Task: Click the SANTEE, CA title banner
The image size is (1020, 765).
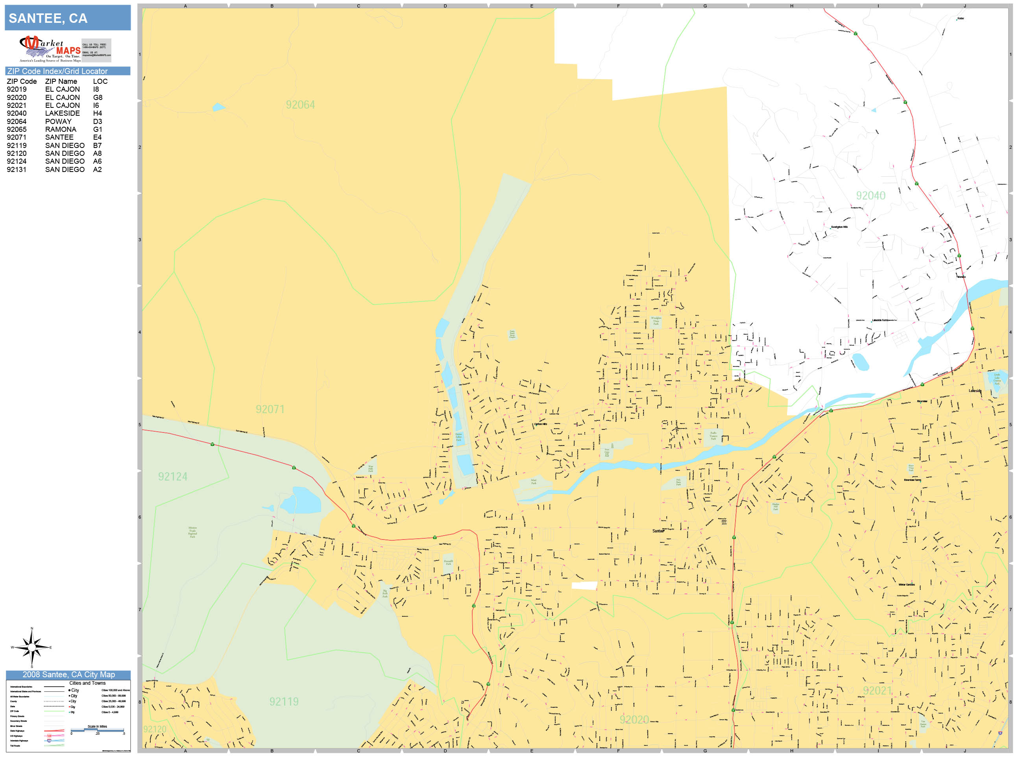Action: [x=67, y=18]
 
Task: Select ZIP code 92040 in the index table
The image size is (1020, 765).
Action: [x=17, y=113]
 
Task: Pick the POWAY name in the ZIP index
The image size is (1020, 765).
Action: [x=58, y=121]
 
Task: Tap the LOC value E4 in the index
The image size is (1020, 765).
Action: [x=97, y=137]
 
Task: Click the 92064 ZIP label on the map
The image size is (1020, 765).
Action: [x=300, y=105]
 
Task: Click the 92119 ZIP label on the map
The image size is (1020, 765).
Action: [x=284, y=702]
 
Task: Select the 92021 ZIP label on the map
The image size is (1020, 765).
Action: [x=877, y=691]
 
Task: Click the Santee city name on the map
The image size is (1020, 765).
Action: [x=658, y=531]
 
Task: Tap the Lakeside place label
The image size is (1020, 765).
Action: [x=975, y=391]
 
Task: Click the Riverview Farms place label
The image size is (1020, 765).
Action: [x=912, y=480]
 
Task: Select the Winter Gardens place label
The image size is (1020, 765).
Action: [x=906, y=585]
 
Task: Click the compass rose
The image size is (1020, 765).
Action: [x=31, y=647]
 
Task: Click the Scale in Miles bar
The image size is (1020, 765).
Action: [x=97, y=730]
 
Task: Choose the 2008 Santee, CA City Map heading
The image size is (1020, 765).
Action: [x=68, y=674]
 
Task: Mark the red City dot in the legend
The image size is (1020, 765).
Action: [x=70, y=707]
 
